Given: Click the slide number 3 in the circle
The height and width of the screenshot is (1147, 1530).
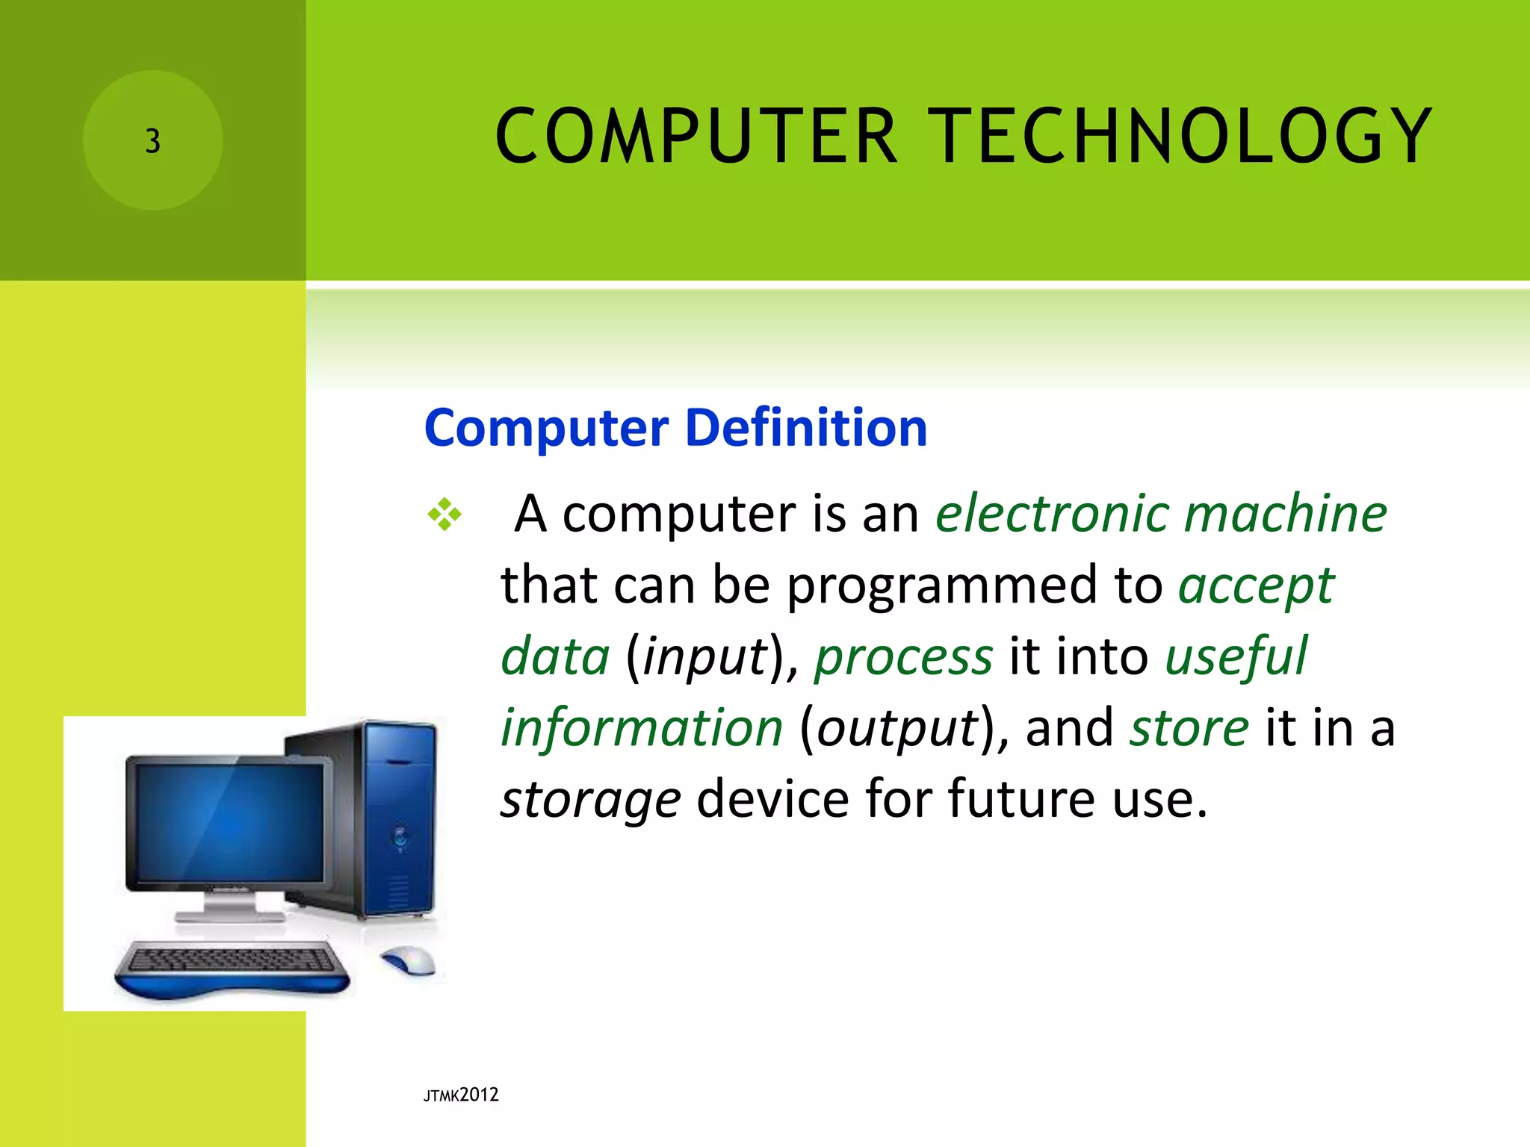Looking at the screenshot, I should (152, 140).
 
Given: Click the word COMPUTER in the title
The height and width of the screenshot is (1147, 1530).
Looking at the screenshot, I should (696, 136).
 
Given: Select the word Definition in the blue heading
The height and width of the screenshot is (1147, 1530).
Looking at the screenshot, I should (806, 428).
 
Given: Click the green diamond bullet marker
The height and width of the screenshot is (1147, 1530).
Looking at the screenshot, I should (445, 514).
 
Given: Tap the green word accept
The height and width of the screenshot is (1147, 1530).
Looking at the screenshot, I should (1256, 586).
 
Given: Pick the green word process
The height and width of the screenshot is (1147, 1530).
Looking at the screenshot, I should (903, 657).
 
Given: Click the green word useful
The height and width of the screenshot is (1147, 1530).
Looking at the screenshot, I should (1236, 656).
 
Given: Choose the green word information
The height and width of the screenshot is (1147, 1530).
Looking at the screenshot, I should (641, 727).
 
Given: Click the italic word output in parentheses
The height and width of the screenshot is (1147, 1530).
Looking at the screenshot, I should (897, 728).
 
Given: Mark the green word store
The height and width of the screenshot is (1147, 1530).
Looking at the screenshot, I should (1188, 727).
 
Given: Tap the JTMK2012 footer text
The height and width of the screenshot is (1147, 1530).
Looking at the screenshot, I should (461, 1095).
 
